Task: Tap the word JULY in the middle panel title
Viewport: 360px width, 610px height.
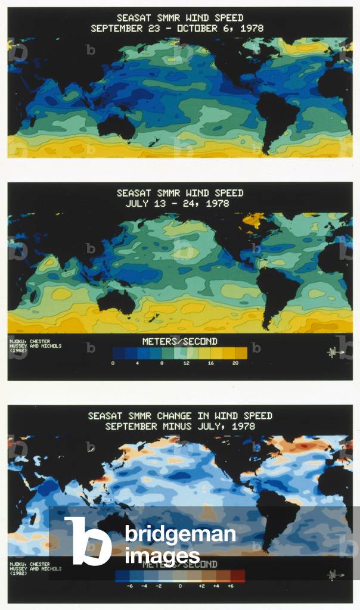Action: [138, 203]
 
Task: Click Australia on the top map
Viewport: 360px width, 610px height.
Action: [116, 127]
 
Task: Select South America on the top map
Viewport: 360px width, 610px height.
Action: [276, 116]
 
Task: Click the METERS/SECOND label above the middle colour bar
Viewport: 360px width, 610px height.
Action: [179, 341]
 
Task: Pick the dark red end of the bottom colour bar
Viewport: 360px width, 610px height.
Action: [238, 575]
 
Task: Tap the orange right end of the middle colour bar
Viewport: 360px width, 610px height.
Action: [241, 353]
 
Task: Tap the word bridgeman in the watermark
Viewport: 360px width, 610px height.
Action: [180, 535]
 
